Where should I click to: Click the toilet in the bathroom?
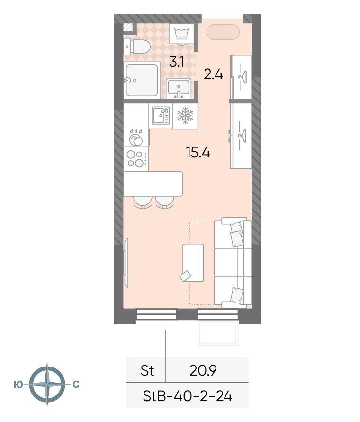click(136, 46)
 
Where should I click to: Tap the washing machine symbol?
click(182, 34)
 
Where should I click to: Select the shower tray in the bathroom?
click(142, 80)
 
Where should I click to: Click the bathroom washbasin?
click(179, 88)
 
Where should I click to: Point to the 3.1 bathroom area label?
click(177, 62)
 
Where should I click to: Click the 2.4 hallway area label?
click(213, 74)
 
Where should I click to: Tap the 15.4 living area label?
click(198, 152)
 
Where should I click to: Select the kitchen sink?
click(161, 116)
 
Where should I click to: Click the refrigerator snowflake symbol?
click(185, 116)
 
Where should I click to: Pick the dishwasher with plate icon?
click(136, 138)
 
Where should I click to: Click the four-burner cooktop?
click(136, 159)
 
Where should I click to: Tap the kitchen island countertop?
click(153, 183)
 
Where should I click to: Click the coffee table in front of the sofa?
click(193, 263)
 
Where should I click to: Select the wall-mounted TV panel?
click(126, 262)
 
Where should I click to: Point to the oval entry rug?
click(223, 32)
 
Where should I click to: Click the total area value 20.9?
click(203, 371)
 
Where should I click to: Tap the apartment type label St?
click(147, 371)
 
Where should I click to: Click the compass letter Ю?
click(18, 385)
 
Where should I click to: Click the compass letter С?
click(76, 385)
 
